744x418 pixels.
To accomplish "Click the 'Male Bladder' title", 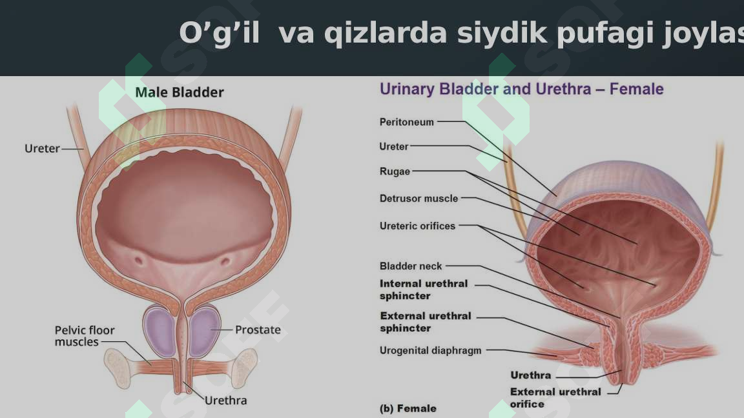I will tap(180, 93).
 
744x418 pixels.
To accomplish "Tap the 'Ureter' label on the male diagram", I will tap(42, 149).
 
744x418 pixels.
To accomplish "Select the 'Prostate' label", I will tap(258, 330).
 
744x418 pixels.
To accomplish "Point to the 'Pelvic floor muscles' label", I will tap(85, 336).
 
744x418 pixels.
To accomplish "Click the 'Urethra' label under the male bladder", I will tap(225, 401).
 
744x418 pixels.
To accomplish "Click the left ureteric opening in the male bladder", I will tap(138, 261).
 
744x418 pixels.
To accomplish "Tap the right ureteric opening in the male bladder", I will tap(225, 261).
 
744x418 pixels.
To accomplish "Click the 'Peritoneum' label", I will tap(407, 122).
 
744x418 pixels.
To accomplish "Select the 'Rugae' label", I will tap(395, 172).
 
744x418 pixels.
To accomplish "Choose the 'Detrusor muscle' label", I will tap(418, 199).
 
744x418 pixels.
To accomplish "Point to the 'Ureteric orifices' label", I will tap(417, 226).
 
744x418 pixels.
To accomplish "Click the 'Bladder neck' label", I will tap(411, 266).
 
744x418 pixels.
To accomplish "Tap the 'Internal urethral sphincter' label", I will tap(423, 290).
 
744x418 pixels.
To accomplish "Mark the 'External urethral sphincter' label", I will tap(425, 322).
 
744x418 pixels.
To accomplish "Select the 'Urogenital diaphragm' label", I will tap(430, 351).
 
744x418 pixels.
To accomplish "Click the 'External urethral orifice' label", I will tap(555, 397).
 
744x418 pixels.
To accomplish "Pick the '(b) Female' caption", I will tap(408, 408).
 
